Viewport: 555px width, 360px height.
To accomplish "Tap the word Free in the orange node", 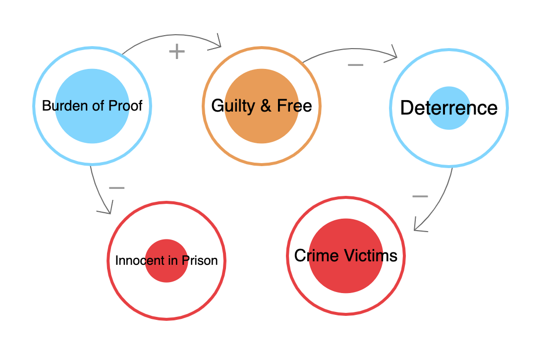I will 295,106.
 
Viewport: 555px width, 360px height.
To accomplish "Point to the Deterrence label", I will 448,108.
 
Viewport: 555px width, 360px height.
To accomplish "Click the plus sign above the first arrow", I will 177,52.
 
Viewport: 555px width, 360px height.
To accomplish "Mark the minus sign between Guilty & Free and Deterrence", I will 355,64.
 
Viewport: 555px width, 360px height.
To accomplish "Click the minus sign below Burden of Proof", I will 116,188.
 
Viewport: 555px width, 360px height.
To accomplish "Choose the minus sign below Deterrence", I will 420,196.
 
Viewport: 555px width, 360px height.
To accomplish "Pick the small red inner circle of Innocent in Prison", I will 166,248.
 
